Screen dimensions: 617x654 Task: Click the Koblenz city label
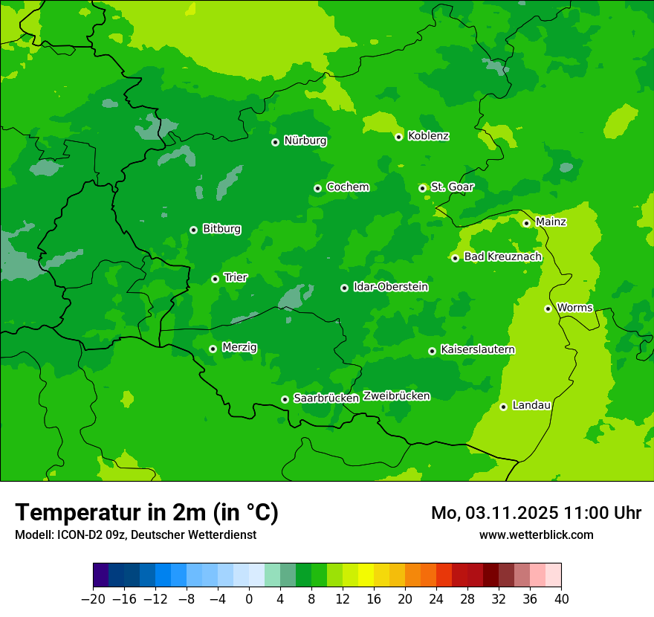tap(428, 136)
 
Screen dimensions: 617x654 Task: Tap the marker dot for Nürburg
tap(275, 142)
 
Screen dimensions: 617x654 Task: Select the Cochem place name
tap(347, 187)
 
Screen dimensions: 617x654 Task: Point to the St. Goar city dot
tap(422, 188)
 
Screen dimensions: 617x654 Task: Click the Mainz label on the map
tap(551, 222)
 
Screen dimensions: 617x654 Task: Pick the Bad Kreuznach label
tap(502, 257)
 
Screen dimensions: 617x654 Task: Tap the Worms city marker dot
tap(548, 308)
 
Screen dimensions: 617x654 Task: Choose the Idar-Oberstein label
tap(390, 287)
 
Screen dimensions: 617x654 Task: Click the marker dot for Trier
tap(215, 279)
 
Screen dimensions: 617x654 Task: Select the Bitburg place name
tap(221, 229)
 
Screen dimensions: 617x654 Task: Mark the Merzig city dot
tap(213, 349)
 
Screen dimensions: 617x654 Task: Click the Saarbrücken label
tap(326, 398)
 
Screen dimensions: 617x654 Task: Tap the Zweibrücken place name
tap(396, 396)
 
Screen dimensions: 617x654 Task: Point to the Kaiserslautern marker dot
tap(432, 351)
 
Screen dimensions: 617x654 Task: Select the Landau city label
tap(531, 406)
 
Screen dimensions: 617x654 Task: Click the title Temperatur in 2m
tap(146, 513)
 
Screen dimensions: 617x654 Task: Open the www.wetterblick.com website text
tap(536, 535)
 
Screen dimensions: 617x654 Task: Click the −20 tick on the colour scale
tap(93, 599)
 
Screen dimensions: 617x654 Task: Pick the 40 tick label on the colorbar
tap(561, 599)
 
